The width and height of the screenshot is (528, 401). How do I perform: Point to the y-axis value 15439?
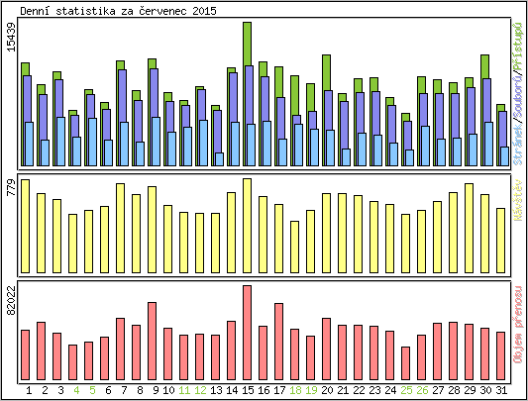point(11,48)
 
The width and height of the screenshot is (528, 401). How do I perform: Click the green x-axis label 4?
point(76,390)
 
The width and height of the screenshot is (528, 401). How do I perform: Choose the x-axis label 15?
point(247,390)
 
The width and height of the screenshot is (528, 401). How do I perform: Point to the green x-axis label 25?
point(406,390)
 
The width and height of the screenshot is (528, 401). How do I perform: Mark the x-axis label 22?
point(359,390)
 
